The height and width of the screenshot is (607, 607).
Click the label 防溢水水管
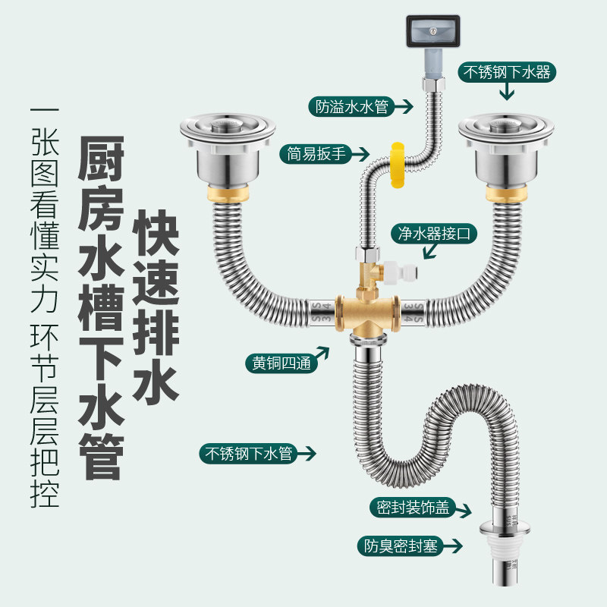click(x=353, y=106)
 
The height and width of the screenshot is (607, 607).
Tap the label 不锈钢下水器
click(x=506, y=73)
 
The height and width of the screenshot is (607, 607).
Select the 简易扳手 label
click(x=317, y=155)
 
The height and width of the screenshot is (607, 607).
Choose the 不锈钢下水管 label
click(x=247, y=454)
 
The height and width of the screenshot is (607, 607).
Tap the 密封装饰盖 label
click(x=412, y=508)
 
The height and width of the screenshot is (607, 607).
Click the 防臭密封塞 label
click(x=401, y=546)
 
